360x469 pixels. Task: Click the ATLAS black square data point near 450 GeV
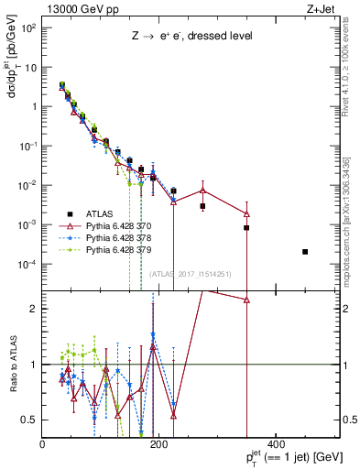tap(305, 251)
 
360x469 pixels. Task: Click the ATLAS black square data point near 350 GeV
tap(246, 227)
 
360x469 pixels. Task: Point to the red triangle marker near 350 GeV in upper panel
tap(246, 213)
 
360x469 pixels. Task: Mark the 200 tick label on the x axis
tap(159, 442)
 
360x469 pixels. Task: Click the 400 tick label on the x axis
tap(276, 442)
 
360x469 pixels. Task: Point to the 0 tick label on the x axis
tap(43, 442)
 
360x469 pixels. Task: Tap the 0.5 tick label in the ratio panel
tap(29, 420)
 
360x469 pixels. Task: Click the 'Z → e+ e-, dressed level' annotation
tap(191, 36)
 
